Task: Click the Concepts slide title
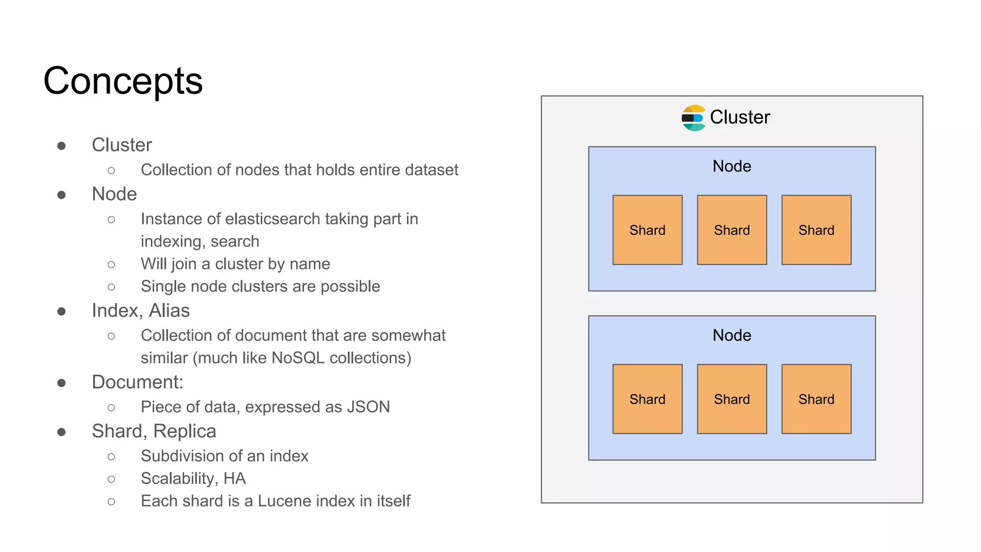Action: point(123,81)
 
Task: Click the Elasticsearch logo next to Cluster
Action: point(693,118)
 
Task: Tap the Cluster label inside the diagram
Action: point(740,117)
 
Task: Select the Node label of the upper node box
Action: point(731,166)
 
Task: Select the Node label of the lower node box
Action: point(731,335)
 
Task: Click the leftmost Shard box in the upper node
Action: point(647,230)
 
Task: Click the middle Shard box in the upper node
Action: point(731,230)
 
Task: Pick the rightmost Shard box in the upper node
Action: point(816,230)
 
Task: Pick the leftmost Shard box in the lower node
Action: point(647,399)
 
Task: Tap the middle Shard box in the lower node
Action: point(731,399)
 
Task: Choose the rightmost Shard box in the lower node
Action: point(816,399)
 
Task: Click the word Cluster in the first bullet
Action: point(122,145)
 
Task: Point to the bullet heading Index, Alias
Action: point(141,311)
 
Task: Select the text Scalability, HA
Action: point(193,479)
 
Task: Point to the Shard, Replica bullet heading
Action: point(154,431)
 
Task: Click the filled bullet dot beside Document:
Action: point(61,383)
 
